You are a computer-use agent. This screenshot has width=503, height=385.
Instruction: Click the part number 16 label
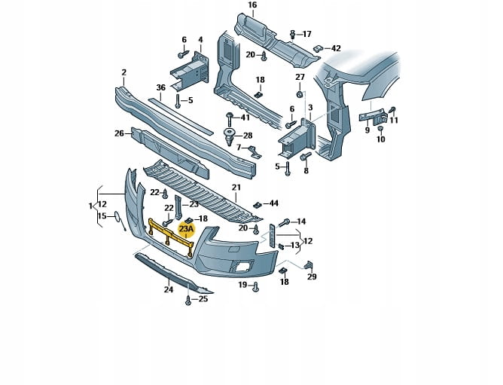click(x=251, y=5)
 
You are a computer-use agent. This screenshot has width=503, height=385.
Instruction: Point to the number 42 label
click(x=335, y=48)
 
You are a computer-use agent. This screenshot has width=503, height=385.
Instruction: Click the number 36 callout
click(x=160, y=87)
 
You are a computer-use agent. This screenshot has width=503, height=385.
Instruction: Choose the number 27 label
click(x=300, y=78)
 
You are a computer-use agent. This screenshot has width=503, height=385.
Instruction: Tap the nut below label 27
click(x=300, y=96)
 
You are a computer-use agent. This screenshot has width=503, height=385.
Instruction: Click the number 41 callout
click(x=245, y=118)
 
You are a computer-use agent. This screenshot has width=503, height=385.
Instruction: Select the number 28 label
click(x=248, y=136)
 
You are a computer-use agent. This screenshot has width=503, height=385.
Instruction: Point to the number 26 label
click(x=119, y=133)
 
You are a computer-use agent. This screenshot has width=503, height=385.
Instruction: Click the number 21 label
click(x=236, y=188)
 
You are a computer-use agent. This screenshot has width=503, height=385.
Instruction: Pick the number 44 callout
click(x=273, y=203)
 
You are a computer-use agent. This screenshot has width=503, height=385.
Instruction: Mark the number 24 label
click(x=169, y=289)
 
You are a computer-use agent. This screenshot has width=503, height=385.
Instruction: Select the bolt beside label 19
click(x=257, y=286)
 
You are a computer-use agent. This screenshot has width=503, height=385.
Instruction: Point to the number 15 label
click(x=102, y=217)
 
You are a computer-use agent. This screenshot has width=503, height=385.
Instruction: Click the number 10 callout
click(x=380, y=139)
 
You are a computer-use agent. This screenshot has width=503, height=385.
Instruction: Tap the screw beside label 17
click(x=292, y=34)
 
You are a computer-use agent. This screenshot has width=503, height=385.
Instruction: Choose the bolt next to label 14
click(x=285, y=223)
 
